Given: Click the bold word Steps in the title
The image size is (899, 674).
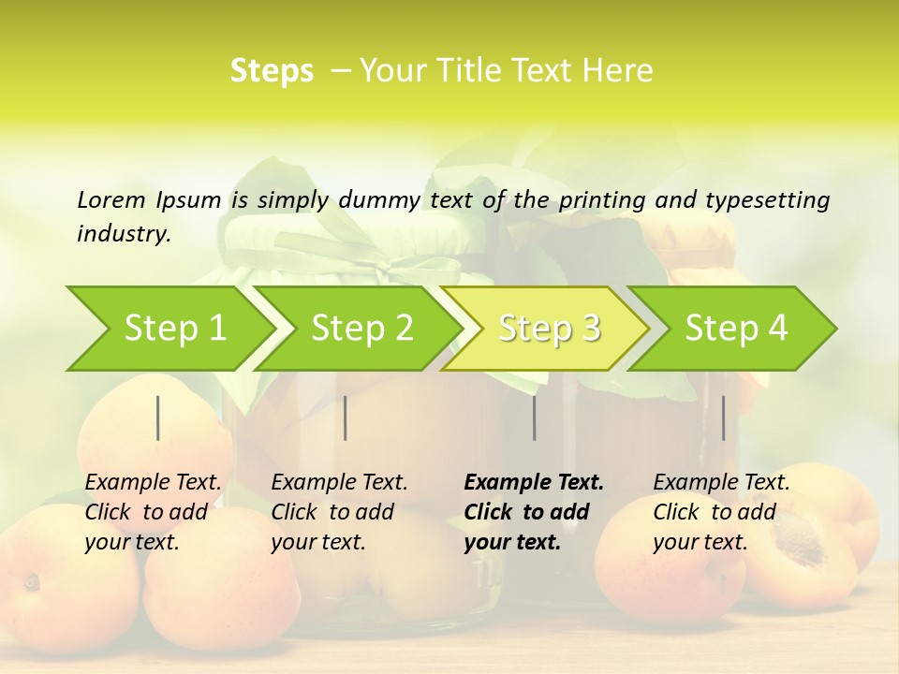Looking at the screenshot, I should tap(272, 71).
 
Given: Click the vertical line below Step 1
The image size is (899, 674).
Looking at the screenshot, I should tap(158, 418).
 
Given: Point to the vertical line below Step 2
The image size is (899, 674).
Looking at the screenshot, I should tap(346, 418).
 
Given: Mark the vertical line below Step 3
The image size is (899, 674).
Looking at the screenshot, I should tap(535, 418).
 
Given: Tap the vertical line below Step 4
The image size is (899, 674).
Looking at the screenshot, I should tap(723, 418).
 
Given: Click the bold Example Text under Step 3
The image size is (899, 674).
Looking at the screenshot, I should tap(534, 483).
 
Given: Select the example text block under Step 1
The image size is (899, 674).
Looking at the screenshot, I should tap(153, 512).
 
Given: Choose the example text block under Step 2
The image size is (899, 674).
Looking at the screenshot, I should tap(339, 512).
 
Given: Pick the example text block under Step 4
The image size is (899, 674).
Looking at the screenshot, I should tap(721, 512).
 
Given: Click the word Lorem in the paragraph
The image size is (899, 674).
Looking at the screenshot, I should tap(111, 199).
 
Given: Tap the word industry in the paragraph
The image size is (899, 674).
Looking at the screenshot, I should tap(123, 233).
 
